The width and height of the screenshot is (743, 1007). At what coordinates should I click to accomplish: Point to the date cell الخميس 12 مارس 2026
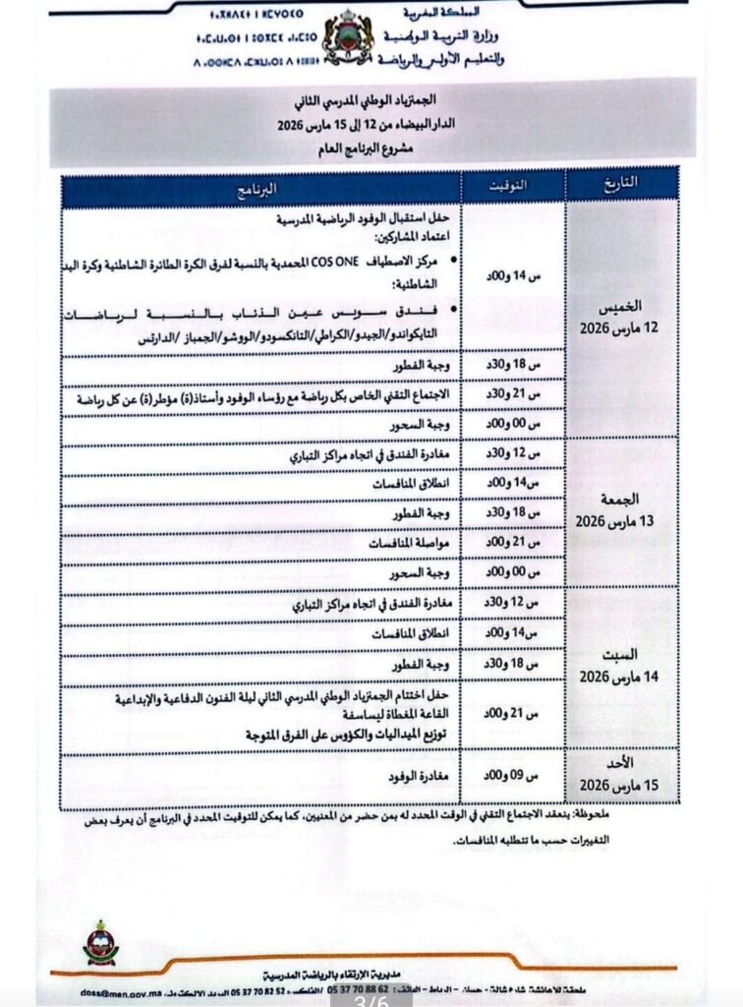pos(621,316)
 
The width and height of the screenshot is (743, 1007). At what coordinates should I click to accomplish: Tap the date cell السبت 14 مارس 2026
pos(621,668)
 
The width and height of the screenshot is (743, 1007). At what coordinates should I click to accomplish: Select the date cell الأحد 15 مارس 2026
pos(621,776)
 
